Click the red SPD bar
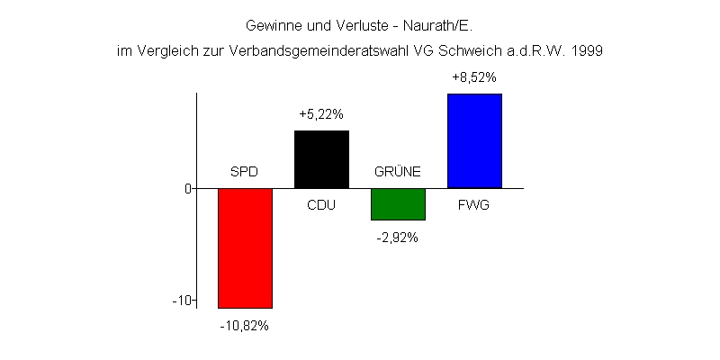[245, 248]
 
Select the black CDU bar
[321, 159]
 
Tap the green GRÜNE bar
[398, 204]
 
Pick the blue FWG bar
[474, 140]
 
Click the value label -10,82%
[244, 325]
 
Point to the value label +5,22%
[321, 115]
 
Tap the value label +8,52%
[474, 78]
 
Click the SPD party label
[244, 172]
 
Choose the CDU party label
[321, 205]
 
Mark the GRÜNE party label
[397, 172]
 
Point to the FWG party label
[474, 205]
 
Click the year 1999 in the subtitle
[586, 51]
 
